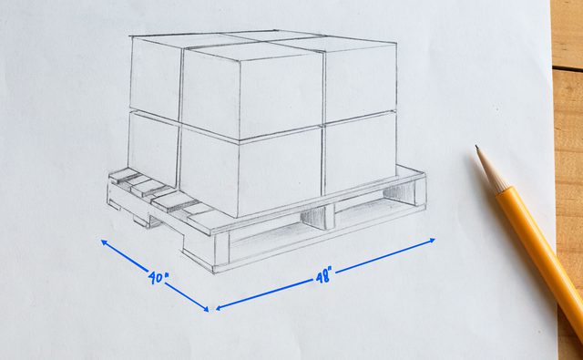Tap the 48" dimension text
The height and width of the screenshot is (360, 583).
324,273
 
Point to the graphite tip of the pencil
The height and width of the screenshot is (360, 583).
477,149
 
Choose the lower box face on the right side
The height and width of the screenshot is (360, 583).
359,151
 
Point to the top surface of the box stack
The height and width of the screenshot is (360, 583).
264,40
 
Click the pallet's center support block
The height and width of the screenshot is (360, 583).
314,217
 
